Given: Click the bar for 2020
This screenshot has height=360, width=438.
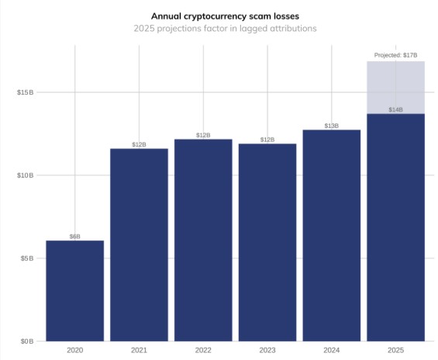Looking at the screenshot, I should (74, 291).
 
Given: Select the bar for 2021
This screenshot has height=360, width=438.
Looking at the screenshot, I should (139, 244).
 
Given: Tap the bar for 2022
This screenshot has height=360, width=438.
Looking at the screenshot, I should (203, 240).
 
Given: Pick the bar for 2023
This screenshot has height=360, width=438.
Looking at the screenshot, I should (267, 242).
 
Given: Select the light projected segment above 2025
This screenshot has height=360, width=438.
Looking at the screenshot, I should (395, 88).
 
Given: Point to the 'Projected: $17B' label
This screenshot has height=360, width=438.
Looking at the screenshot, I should (395, 56).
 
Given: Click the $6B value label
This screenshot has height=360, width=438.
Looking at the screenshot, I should (74, 236).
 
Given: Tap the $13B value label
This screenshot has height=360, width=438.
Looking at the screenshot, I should (331, 125).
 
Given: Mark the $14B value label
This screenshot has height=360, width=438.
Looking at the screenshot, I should (395, 109).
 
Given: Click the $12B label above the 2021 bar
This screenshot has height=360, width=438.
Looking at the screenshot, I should (139, 144).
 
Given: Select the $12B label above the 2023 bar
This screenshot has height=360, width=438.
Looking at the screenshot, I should (267, 140).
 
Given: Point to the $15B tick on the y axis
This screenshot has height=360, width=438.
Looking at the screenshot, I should (25, 92).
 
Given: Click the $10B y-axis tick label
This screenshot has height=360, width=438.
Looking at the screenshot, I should (25, 175).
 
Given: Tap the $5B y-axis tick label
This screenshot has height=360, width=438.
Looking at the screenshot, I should (26, 258).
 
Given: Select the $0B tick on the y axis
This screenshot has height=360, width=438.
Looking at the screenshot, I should (26, 341).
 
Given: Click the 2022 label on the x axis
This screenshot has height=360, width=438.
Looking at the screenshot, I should (203, 351).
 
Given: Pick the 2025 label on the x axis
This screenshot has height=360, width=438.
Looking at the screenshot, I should (395, 351).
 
